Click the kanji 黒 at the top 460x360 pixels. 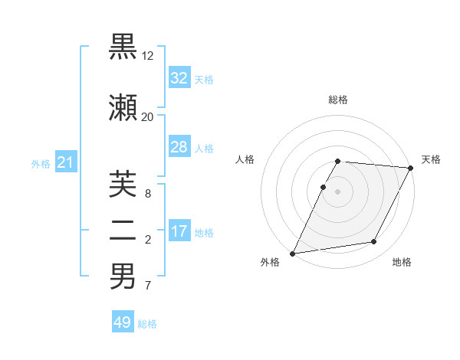pyautogui.click(x=123, y=47)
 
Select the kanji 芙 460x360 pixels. pyautogui.click(x=123, y=184)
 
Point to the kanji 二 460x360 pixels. pyautogui.click(x=123, y=231)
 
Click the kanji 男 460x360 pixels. pyautogui.click(x=123, y=276)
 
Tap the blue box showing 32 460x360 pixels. pyautogui.click(x=179, y=78)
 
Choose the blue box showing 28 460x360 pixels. pyautogui.click(x=179, y=147)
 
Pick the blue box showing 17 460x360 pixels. pyautogui.click(x=179, y=231)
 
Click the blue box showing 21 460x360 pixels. pyautogui.click(x=66, y=162)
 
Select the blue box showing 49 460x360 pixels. pyautogui.click(x=123, y=322)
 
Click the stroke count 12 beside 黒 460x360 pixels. pyautogui.click(x=148, y=56)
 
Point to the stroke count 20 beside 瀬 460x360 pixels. pyautogui.click(x=147, y=116)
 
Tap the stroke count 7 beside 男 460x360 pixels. pyautogui.click(x=147, y=286)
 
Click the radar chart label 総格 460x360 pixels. pyautogui.click(x=338, y=100)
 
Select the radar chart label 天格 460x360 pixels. pyautogui.click(x=432, y=159)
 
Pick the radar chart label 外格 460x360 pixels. pyautogui.click(x=270, y=262)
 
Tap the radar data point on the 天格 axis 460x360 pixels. pyautogui.click(x=411, y=168)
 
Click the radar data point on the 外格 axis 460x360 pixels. pyautogui.click(x=293, y=254)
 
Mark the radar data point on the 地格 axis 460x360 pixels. pyautogui.click(x=374, y=242)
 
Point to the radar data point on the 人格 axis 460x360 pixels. pyautogui.click(x=324, y=187)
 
